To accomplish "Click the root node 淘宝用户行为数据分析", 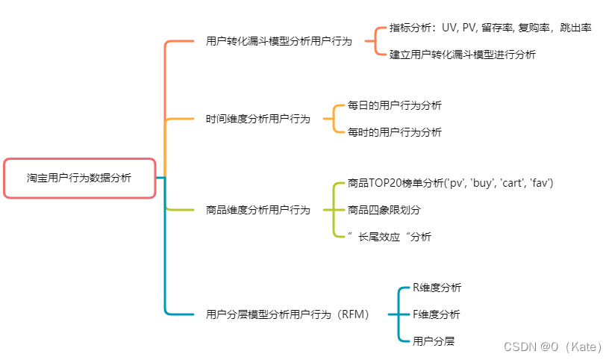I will tap(79, 178).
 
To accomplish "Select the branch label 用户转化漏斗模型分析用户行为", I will tap(278, 41).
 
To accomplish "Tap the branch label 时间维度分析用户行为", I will tap(257, 119).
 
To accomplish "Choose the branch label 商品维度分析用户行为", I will tap(257, 210).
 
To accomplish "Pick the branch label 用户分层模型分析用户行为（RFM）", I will tap(287, 314).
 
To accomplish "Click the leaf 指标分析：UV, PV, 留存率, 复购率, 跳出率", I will tap(490, 28).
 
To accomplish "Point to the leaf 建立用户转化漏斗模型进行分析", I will tap(462, 55).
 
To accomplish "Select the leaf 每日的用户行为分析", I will tap(394, 105).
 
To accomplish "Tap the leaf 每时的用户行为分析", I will tap(394, 132).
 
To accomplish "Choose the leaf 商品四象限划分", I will tap(384, 210).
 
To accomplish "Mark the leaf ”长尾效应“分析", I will tap(389, 237).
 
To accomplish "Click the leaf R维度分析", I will tap(437, 288).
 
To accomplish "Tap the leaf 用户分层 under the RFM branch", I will tap(433, 341).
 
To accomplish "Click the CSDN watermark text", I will tap(552, 347).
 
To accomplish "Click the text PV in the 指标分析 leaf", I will tap(469, 28).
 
